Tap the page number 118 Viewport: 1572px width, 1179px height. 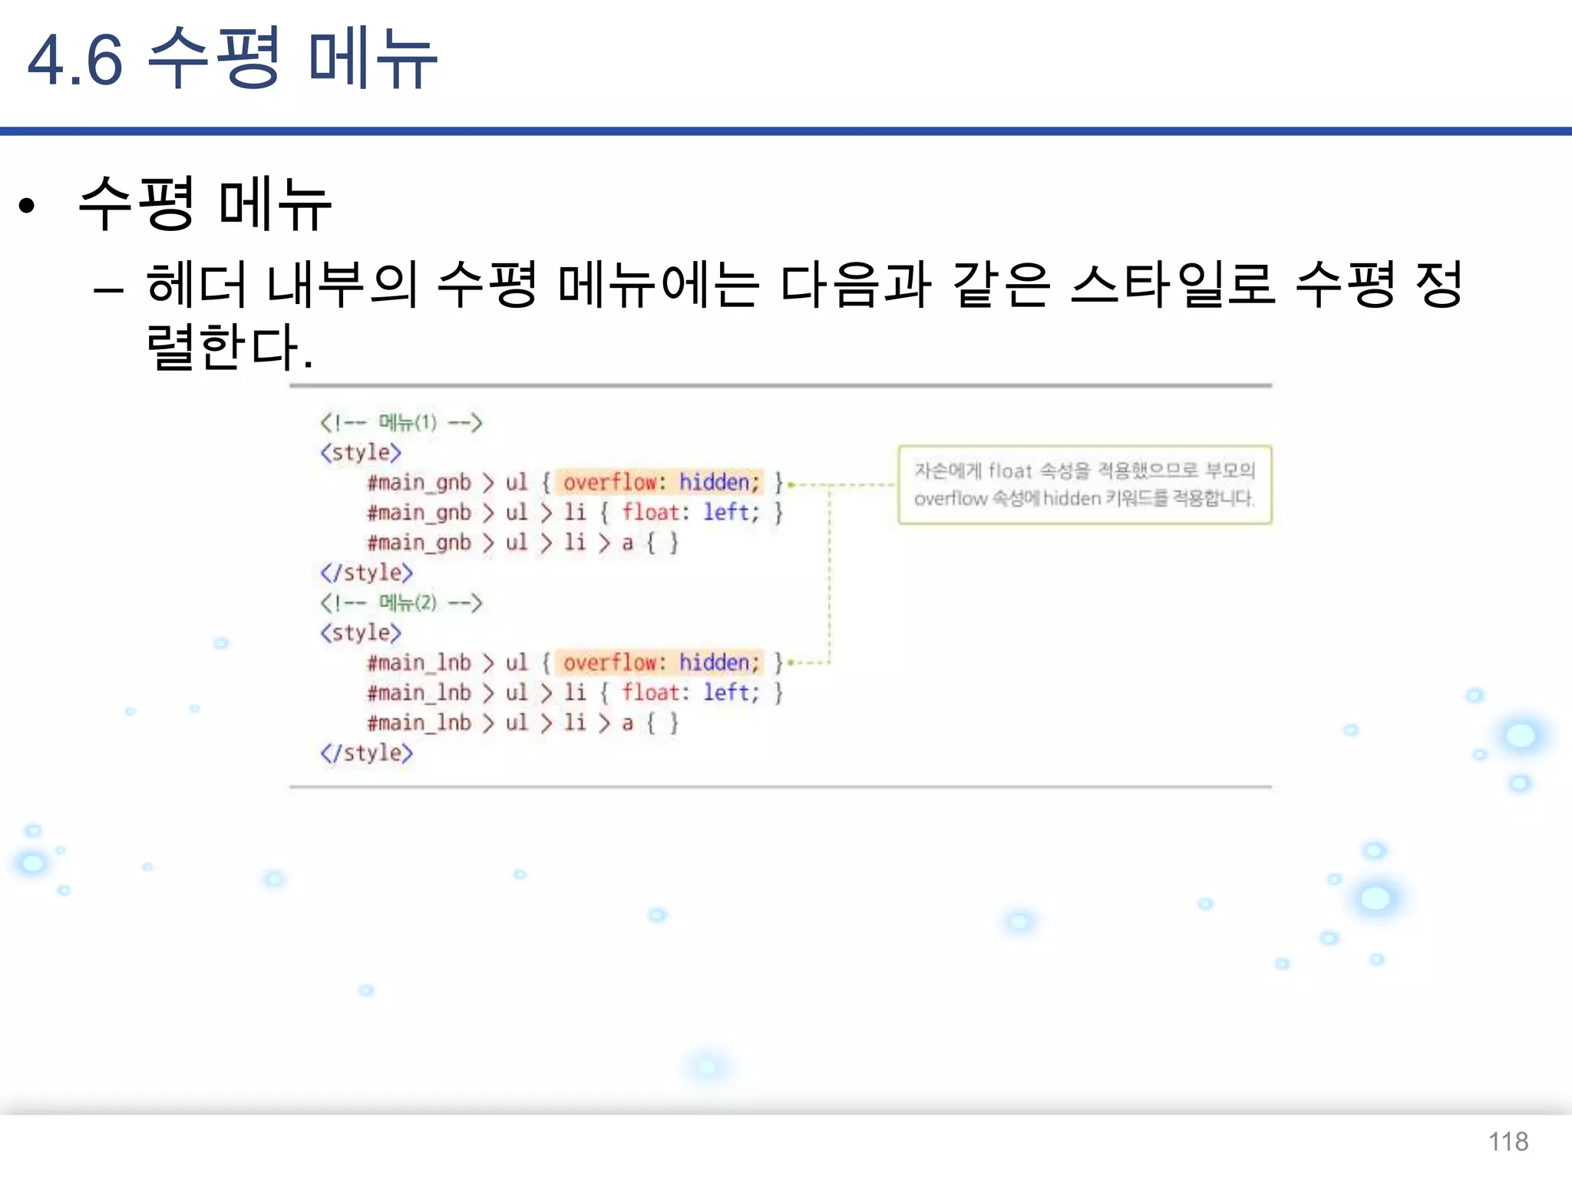[1508, 1141]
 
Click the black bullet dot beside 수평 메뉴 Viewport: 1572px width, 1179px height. [28, 205]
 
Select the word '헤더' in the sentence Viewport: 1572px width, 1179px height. [196, 285]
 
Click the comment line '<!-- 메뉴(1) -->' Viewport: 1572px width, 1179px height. [401, 422]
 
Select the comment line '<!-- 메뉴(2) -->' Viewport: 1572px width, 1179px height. [401, 603]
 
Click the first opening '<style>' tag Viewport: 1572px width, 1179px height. [361, 452]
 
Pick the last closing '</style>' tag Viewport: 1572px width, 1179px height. [366, 753]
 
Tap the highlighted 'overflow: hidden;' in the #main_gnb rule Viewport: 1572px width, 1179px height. [660, 482]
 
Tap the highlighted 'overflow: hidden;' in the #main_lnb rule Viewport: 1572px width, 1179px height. [660, 662]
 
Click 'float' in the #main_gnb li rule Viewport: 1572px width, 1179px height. [651, 512]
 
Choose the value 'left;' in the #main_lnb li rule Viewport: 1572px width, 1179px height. [731, 692]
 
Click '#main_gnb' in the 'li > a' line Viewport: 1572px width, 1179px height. [419, 543]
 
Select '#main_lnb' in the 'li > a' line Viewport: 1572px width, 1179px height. [419, 723]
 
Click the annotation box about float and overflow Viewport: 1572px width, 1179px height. [1084, 484]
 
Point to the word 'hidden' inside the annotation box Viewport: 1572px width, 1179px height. [1072, 499]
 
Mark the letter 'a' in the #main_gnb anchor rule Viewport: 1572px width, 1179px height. [628, 543]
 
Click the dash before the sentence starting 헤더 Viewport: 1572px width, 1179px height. [108, 290]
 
